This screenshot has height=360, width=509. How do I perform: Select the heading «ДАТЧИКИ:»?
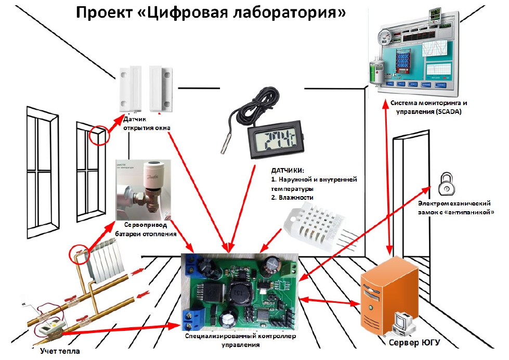coord(288,170)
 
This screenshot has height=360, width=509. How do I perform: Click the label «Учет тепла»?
coord(60,352)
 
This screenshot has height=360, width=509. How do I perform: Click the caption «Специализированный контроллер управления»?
coord(240,340)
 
